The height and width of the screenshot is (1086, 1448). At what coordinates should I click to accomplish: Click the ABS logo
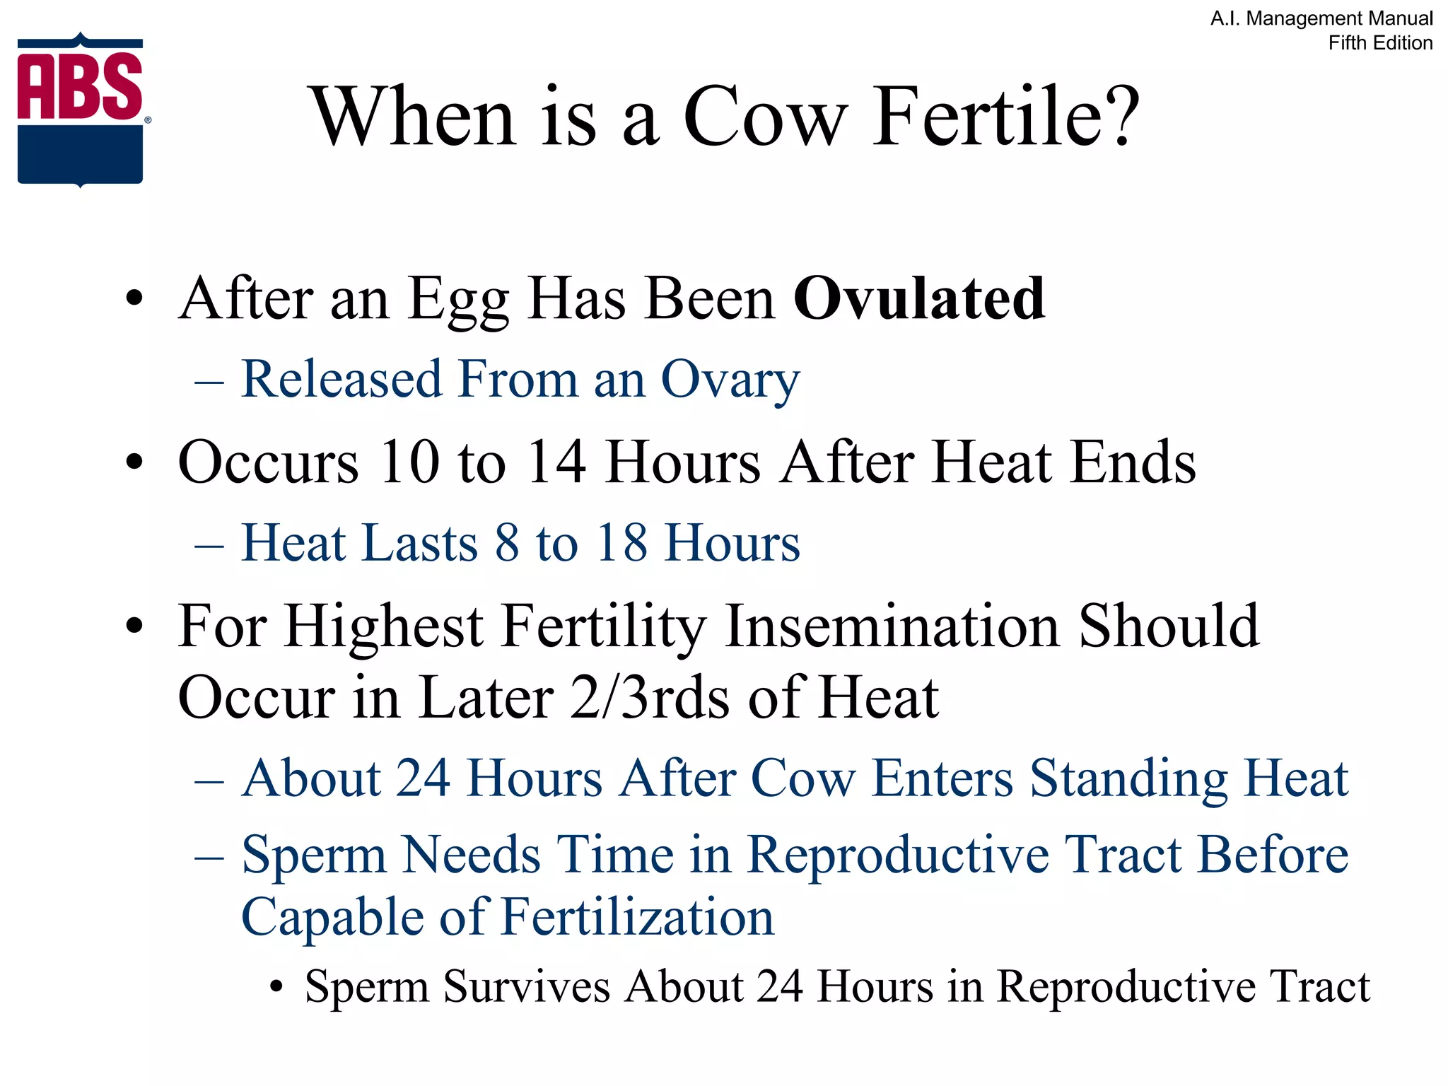(80, 110)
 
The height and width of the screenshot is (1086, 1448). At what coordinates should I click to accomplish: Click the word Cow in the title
(765, 117)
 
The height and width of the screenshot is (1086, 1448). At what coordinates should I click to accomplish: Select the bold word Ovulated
(918, 299)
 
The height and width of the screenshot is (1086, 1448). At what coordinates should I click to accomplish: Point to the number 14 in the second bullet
(556, 462)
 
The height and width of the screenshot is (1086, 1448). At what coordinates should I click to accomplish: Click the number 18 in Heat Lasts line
(621, 543)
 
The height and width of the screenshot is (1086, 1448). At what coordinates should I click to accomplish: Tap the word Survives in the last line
(526, 986)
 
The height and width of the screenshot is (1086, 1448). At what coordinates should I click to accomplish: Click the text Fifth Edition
(1380, 43)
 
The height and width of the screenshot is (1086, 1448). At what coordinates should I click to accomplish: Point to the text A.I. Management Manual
(1321, 18)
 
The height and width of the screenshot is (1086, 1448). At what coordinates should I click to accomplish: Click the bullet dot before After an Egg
(134, 299)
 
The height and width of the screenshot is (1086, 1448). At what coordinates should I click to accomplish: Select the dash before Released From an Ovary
(209, 383)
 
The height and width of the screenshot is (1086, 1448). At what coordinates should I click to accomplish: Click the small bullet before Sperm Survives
(276, 987)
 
